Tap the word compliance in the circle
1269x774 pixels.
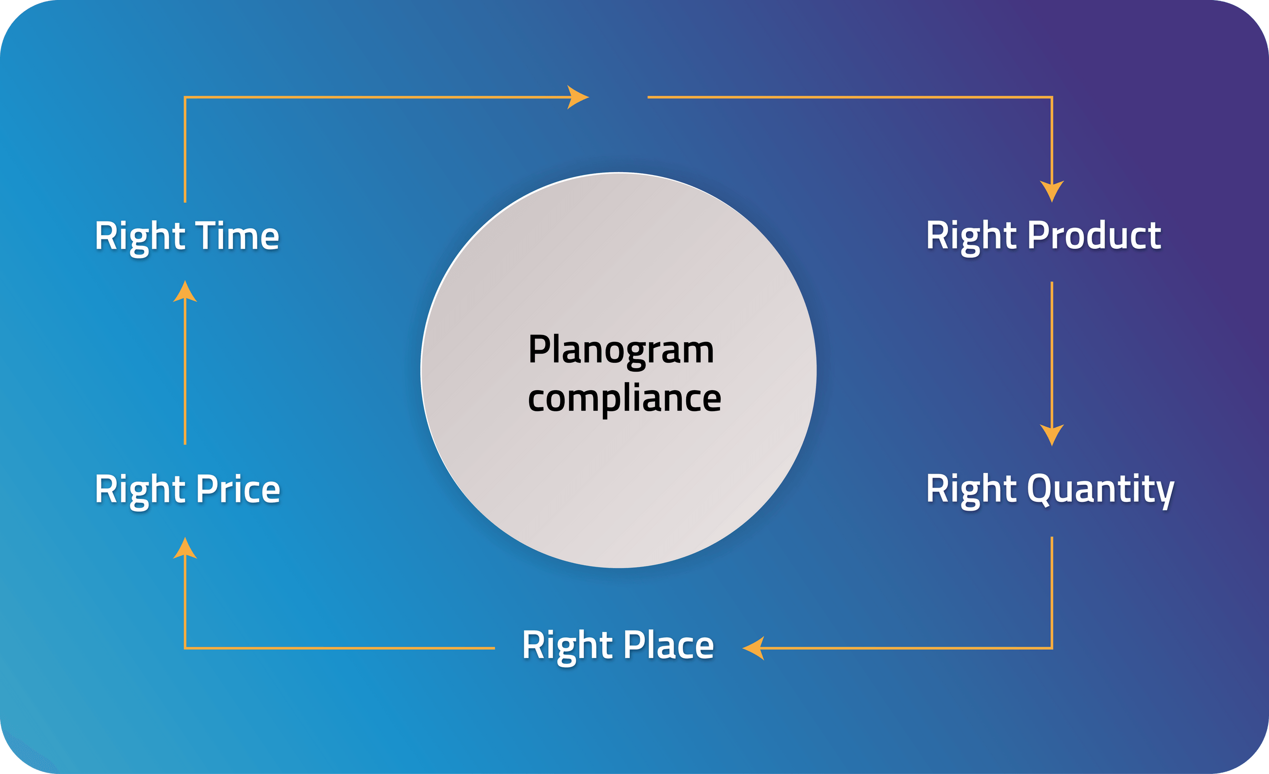click(624, 399)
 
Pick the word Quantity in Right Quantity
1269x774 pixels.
click(1101, 489)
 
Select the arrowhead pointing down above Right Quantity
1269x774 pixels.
click(1052, 435)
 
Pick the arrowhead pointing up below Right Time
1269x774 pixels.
click(185, 292)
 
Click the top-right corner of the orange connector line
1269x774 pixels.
click(1052, 97)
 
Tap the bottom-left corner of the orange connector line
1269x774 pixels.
click(185, 648)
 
